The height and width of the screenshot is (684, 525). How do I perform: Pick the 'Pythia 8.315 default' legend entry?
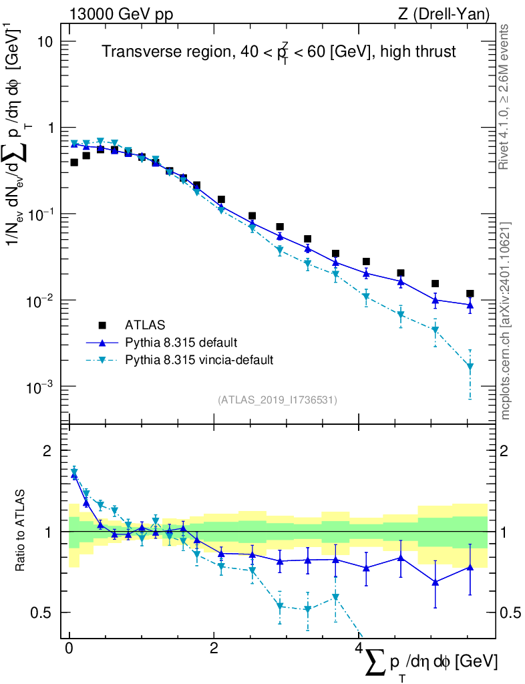[181, 343]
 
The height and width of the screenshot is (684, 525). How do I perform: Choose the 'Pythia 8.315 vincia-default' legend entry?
[198, 360]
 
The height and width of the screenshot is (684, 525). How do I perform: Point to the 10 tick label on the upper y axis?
[45, 41]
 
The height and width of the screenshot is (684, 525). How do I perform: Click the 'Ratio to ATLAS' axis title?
[21, 531]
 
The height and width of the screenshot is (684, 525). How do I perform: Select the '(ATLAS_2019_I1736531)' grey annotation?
[277, 400]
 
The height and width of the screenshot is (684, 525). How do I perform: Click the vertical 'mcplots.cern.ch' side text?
[505, 321]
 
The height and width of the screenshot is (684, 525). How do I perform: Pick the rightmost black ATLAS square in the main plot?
[470, 293]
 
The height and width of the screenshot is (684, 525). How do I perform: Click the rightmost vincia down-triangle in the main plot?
[470, 367]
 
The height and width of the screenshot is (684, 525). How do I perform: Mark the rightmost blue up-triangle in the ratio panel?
[470, 567]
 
